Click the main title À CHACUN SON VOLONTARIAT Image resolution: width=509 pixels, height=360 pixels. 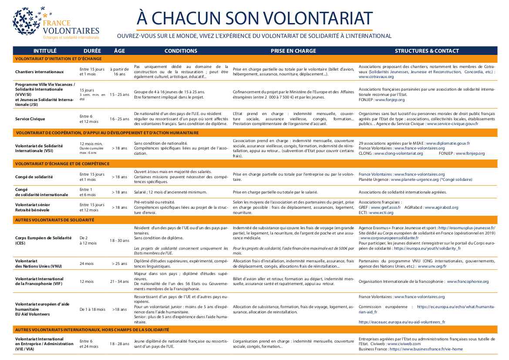coord(254,18)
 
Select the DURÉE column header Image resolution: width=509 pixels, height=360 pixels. coord(92,51)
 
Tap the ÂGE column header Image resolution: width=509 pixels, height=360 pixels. coord(119,51)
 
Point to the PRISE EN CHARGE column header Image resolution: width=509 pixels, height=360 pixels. coord(293,51)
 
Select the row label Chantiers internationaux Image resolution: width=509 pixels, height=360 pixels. coord(40,72)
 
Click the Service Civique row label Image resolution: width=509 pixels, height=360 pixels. coord(30,119)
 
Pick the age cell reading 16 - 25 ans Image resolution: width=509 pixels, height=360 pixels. coord(119,119)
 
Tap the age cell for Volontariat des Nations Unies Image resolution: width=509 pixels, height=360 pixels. coord(119,264)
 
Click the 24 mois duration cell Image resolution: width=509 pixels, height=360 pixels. coord(87,264)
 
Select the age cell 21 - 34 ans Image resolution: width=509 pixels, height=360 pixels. coord(119,282)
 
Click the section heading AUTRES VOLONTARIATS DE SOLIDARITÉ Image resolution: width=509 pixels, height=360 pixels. coord(54,220)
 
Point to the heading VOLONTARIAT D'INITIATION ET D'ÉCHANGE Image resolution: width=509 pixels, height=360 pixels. coord(58,58)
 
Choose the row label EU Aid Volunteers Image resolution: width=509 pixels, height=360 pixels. coord(32,314)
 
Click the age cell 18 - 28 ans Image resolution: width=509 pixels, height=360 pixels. coord(119,344)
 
